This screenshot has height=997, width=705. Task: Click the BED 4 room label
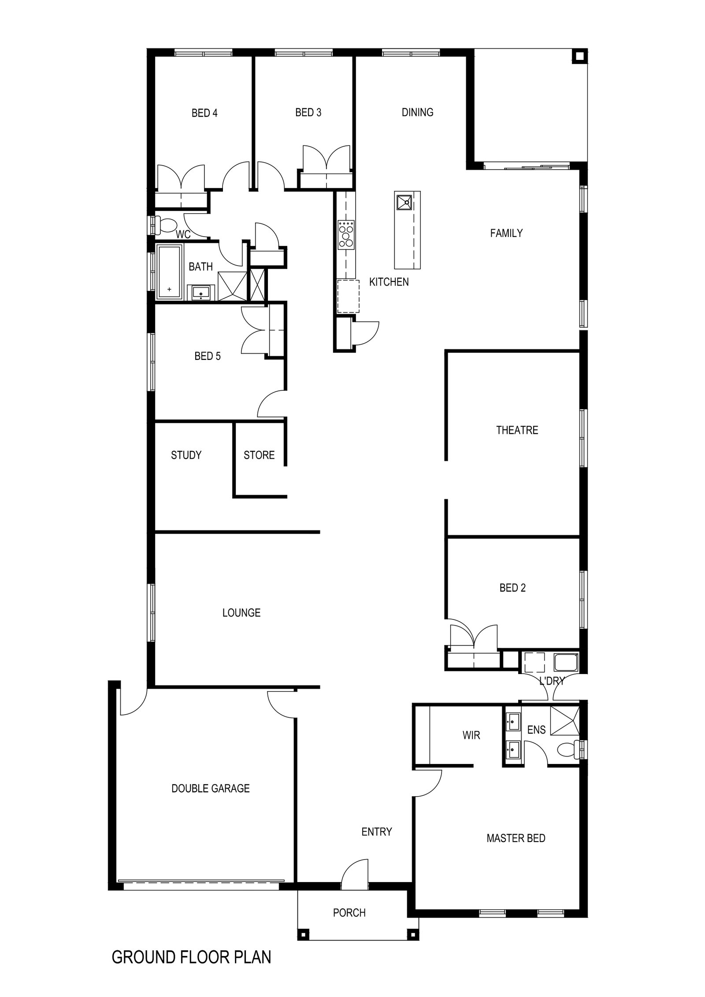[x=204, y=113]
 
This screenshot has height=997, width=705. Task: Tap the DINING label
[x=417, y=112]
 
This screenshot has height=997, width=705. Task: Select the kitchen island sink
[x=404, y=202]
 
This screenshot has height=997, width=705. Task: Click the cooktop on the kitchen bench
[x=346, y=234]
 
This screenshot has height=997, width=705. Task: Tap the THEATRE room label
[x=517, y=430]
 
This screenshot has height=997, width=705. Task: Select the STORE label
[x=259, y=455]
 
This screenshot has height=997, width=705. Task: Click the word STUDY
[x=186, y=455]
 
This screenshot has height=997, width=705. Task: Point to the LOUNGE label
[x=241, y=613]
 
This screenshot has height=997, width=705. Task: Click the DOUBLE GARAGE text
[x=210, y=788]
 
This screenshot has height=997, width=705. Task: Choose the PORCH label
[x=349, y=913]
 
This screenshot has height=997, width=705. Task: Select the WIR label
[x=471, y=735]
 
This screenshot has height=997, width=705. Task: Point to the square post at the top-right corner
[x=579, y=56]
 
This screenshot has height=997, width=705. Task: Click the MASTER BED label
[x=516, y=838]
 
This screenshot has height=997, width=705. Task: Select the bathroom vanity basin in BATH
[x=202, y=293]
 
